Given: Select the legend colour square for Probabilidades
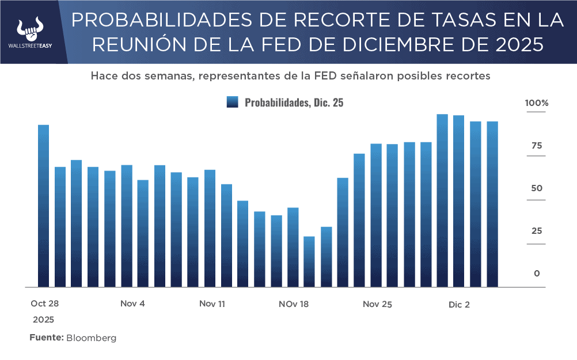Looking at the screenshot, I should [x=232, y=103].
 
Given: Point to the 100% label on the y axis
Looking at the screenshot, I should [x=537, y=103].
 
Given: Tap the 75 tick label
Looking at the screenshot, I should [x=537, y=146].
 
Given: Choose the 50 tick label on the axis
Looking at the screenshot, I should [x=537, y=188].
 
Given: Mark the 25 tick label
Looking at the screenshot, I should [x=537, y=231].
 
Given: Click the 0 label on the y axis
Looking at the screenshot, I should [x=537, y=274].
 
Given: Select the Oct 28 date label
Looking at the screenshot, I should [x=45, y=304].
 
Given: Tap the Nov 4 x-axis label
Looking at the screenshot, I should [x=133, y=304].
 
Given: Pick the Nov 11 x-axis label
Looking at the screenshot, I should [x=212, y=304].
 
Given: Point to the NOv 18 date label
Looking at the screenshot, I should [x=294, y=304].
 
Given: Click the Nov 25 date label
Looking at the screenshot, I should [x=377, y=304].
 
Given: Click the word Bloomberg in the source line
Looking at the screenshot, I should [x=92, y=338].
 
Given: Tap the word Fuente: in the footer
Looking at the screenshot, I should [x=47, y=338].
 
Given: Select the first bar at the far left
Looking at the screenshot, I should [x=43, y=206].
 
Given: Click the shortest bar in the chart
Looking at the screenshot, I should [x=309, y=262].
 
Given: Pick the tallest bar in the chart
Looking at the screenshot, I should [x=442, y=200].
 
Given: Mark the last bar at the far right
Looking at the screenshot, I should [x=492, y=204].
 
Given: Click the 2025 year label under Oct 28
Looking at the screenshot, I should [x=43, y=319].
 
